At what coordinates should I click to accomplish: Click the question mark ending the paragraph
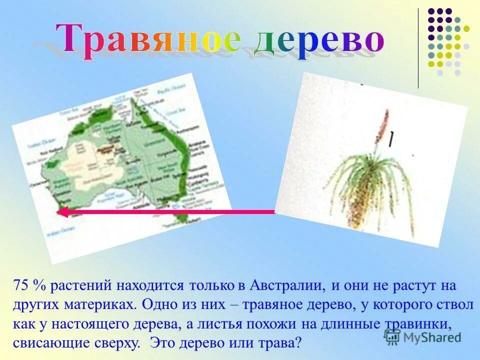pos(298,343)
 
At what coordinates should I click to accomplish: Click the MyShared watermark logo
pos(422,337)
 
